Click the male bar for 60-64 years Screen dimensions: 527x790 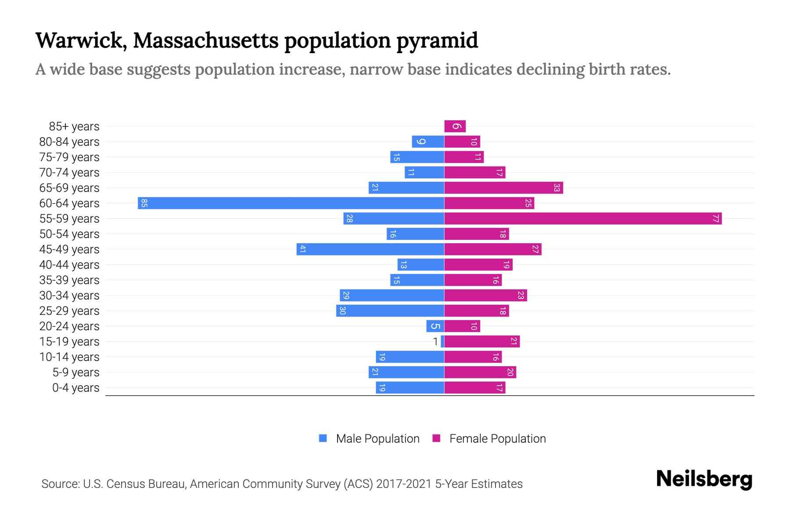coord(291,203)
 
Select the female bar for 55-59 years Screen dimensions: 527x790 coord(583,219)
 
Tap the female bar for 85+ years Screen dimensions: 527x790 coord(455,126)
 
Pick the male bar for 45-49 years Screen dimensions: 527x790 coord(370,249)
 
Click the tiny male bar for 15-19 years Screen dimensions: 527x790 coord(442,342)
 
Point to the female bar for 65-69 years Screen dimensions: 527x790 coord(503,188)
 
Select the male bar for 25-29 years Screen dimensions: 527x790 coord(390,311)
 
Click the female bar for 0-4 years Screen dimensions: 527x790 coord(474,388)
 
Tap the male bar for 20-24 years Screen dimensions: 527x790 coord(435,326)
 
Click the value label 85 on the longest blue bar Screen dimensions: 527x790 coord(144,203)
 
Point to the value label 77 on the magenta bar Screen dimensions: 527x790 coord(715,219)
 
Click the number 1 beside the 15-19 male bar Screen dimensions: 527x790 coord(435,342)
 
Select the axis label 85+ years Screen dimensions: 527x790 coord(74,126)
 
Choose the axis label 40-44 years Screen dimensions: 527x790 coord(69,265)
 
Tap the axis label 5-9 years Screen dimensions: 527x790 coord(76,372)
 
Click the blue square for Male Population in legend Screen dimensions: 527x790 coord(323,438)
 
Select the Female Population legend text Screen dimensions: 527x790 coord(497,439)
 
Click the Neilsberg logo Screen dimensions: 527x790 coord(704,479)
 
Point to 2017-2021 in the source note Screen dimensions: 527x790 coord(403,484)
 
